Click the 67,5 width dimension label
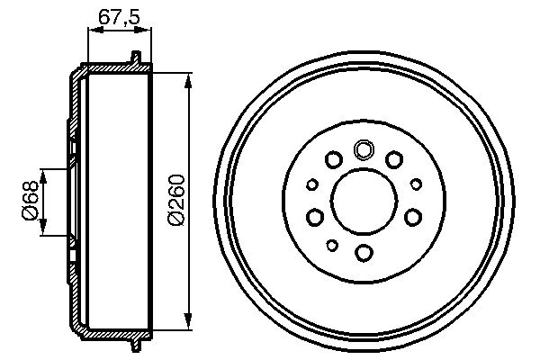(x=118, y=15)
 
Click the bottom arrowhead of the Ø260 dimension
(x=188, y=319)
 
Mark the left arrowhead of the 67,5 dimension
(x=91, y=31)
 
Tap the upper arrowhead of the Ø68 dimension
(x=43, y=171)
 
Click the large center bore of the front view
(x=364, y=200)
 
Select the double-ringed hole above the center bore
(x=364, y=149)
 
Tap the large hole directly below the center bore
(x=364, y=252)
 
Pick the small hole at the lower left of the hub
(x=332, y=245)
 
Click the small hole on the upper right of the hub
(x=416, y=184)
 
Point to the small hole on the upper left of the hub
(x=312, y=184)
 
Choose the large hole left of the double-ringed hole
(x=333, y=160)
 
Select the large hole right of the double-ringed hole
(x=393, y=160)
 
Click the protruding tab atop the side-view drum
(x=136, y=59)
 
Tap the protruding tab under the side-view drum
(x=136, y=344)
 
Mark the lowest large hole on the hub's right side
(x=412, y=216)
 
